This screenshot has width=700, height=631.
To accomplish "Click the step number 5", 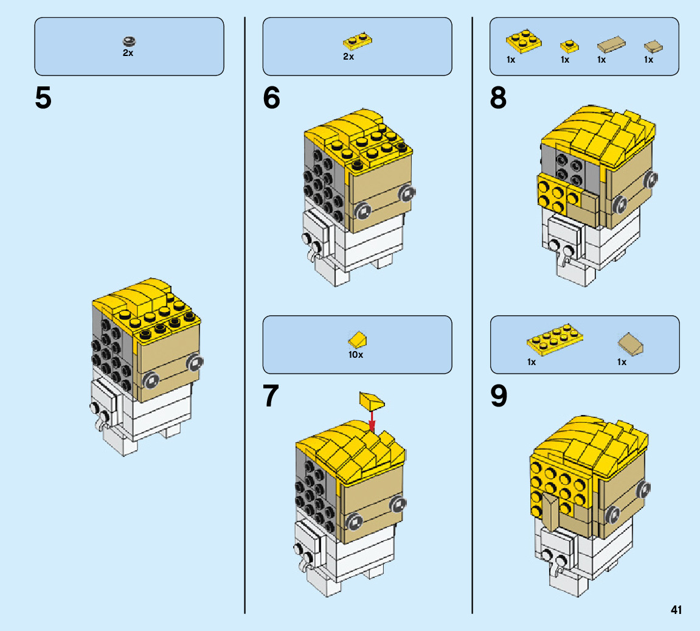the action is point(43,99).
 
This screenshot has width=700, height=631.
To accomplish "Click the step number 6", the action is point(271,99).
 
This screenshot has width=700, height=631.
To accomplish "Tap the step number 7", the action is point(271,396).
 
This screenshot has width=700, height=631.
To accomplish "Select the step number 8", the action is point(498,99).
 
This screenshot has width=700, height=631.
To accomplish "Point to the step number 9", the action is point(498,396).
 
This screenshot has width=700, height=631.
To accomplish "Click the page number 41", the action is point(676,610).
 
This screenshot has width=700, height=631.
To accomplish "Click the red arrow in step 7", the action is point(372,419).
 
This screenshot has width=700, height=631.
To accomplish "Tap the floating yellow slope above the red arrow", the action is point(372,401).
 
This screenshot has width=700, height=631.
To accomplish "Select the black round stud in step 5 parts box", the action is point(129,41).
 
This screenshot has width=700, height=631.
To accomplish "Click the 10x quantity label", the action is point(356,354).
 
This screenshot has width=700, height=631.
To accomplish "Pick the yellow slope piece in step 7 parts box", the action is point(357,340).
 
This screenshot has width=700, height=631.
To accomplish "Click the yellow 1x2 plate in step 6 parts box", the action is point(358,41).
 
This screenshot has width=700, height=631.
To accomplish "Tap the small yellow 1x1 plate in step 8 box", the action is point(569,46).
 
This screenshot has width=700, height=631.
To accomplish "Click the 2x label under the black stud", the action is point(128,54).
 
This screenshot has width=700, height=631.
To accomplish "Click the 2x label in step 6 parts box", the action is point(348,57).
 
